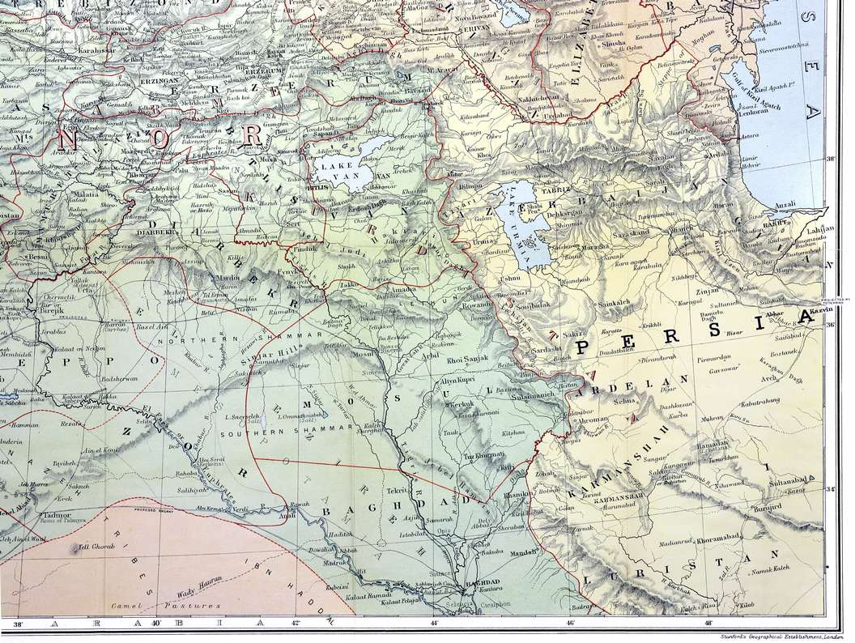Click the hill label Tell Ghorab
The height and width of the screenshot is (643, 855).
[95, 547]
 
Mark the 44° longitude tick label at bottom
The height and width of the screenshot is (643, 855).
[434, 624]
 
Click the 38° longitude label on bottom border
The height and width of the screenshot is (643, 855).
[18, 624]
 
